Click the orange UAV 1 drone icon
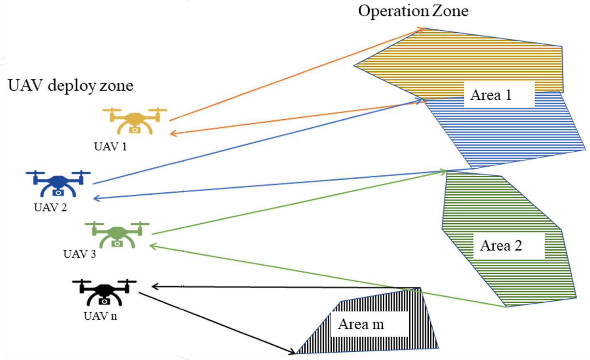[x=135, y=121]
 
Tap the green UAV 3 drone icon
[x=117, y=235]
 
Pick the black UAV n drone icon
[x=104, y=292]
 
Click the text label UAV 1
[x=110, y=147]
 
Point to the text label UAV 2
[x=50, y=207]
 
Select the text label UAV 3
[x=80, y=254]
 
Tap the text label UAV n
[x=100, y=316]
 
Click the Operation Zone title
[x=413, y=11]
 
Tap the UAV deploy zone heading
[x=70, y=85]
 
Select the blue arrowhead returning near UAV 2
[x=97, y=199]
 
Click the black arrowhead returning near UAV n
[x=155, y=286]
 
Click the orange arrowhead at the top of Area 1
[x=421, y=29]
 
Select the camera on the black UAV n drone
[x=104, y=301]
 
